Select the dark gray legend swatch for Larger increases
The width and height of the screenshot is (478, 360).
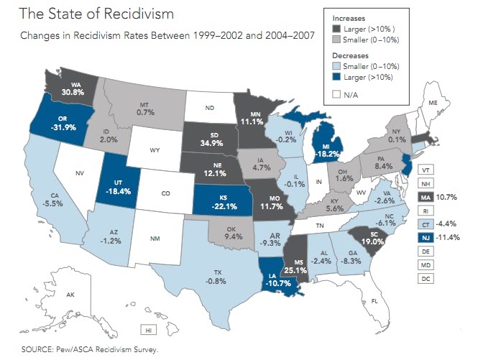point(338,29)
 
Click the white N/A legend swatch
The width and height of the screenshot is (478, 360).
point(338,93)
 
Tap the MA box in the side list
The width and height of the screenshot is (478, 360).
point(426,195)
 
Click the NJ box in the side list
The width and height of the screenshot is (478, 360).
point(426,236)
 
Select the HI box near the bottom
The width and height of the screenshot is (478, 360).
point(148,330)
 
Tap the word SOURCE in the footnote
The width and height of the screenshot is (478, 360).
point(36,350)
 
